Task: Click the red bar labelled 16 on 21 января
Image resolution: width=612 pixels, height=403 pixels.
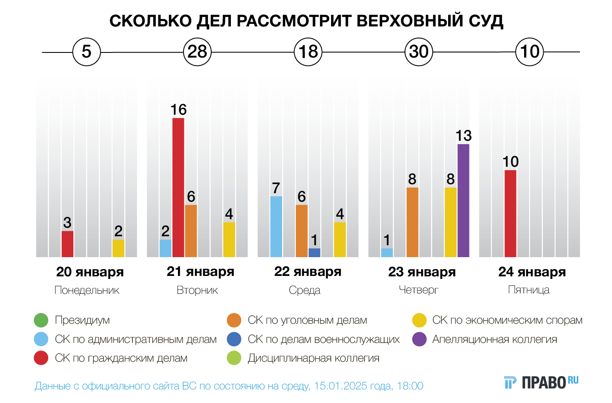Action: (178, 187)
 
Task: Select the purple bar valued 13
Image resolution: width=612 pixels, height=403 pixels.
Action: (463, 200)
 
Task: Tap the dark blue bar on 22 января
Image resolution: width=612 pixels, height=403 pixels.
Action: (314, 252)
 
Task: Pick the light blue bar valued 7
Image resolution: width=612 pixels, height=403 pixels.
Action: (276, 226)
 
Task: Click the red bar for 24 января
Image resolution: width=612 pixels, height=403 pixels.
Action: (510, 213)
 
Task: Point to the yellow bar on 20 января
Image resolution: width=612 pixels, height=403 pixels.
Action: (118, 248)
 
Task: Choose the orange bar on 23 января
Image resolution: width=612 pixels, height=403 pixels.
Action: (412, 222)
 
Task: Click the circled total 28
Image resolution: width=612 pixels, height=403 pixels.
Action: (197, 52)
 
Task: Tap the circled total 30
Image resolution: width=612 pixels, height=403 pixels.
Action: (419, 52)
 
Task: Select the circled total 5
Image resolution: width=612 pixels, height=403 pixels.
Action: (87, 52)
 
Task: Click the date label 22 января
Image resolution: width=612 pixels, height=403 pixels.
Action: (308, 272)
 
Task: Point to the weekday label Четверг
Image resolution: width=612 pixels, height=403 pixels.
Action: (419, 290)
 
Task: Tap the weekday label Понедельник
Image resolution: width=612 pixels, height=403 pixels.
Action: (87, 290)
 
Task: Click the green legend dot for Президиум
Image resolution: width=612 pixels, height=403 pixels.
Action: (41, 320)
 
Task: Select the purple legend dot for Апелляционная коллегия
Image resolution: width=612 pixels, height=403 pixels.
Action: (420, 339)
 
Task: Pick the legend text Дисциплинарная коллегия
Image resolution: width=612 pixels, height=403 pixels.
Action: (313, 358)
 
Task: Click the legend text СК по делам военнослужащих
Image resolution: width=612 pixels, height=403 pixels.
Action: (323, 339)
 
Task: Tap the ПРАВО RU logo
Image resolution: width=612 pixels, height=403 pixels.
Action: (541, 382)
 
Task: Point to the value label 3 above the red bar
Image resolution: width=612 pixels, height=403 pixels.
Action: (67, 223)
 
